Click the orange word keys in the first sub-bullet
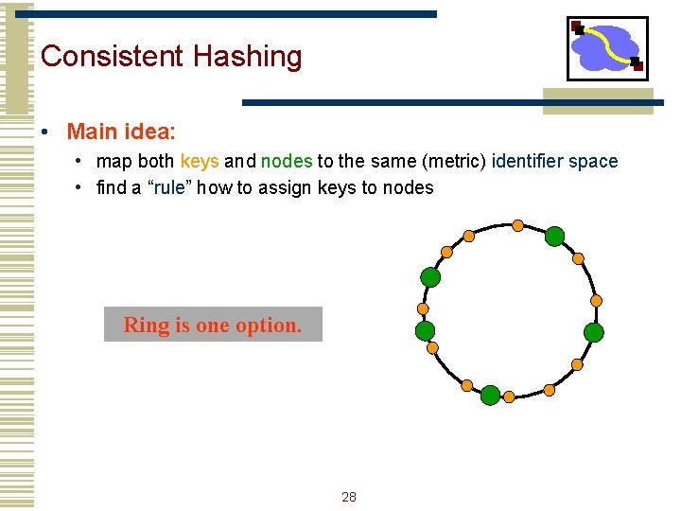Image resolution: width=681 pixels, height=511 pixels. tap(200, 162)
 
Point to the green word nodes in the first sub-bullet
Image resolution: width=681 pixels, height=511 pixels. tap(286, 162)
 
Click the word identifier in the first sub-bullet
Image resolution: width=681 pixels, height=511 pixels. tap(529, 162)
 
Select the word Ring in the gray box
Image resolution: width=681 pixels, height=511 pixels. tap(146, 326)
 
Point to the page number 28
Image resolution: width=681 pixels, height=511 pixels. tap(349, 497)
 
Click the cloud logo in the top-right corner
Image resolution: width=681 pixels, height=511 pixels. tap(607, 48)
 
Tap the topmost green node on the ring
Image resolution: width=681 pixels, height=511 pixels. tap(555, 236)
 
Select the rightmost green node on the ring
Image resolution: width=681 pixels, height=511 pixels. tap(593, 332)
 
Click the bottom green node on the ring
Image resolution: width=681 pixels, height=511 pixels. tap(490, 395)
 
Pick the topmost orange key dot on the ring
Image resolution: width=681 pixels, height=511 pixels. tap(517, 225)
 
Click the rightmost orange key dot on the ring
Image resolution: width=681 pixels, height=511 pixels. tap(596, 300)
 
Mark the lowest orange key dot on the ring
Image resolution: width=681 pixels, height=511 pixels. tap(509, 396)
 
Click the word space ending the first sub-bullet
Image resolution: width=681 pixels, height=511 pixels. tap(594, 162)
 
